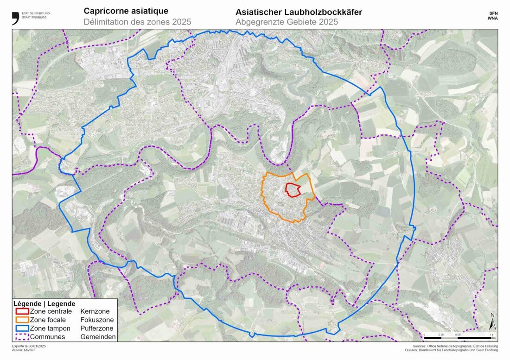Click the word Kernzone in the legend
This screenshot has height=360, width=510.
coord(95,311)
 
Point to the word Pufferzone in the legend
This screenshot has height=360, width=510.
coord(97,328)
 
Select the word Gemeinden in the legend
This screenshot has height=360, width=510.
coord(98,337)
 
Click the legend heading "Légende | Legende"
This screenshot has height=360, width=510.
coord(45,303)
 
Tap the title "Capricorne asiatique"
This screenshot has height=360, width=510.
coord(126,11)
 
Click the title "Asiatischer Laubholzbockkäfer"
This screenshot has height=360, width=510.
coord(299,12)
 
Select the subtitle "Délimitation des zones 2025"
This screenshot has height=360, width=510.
coord(137,22)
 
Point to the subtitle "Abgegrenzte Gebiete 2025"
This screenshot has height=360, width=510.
coord(287,22)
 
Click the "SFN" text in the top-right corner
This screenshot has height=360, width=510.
coord(492,14)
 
